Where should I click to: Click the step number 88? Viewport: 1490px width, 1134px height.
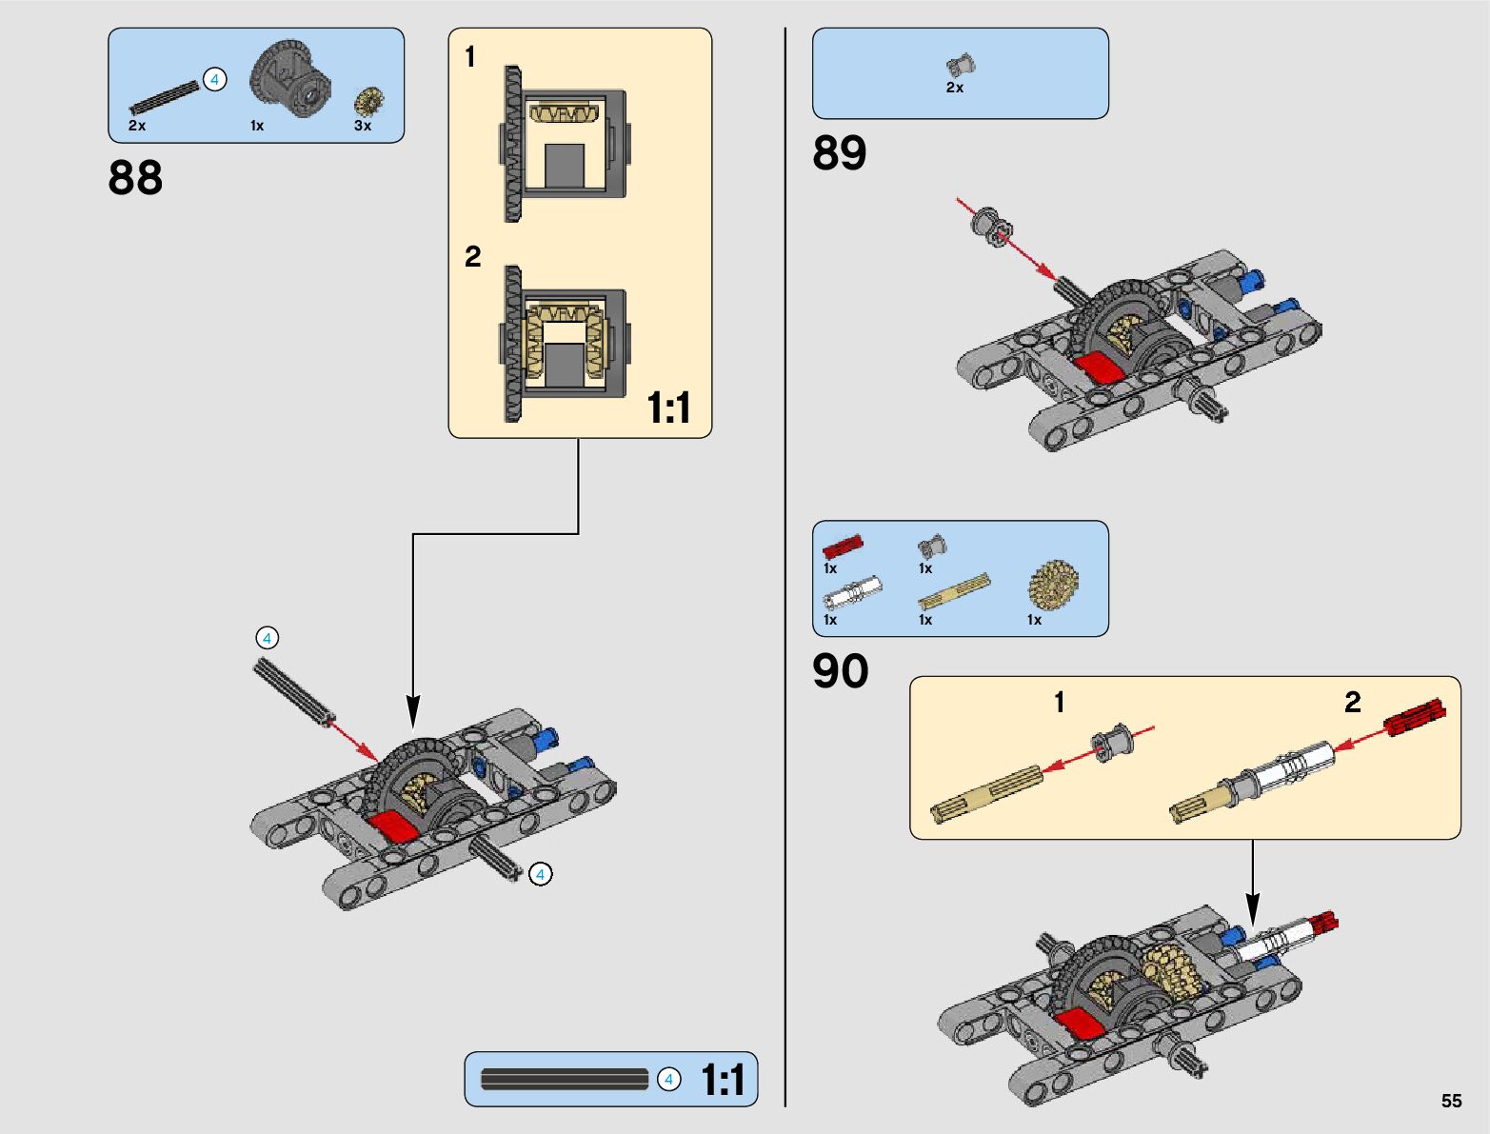click(x=135, y=178)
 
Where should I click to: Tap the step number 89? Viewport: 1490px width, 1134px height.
click(x=839, y=152)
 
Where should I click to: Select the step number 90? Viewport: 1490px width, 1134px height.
click(x=841, y=671)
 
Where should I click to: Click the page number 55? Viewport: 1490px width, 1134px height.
click(x=1451, y=1101)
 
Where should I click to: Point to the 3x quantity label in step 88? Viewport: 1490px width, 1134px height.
click(x=363, y=126)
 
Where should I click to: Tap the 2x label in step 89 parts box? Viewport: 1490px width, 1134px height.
click(x=954, y=88)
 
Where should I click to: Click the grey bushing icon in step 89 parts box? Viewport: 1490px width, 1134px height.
click(x=961, y=66)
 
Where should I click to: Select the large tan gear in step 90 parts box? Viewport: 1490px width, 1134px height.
click(x=1054, y=585)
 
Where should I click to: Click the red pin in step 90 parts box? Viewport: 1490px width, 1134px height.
click(x=843, y=547)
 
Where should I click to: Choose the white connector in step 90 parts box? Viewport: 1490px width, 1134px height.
click(x=853, y=592)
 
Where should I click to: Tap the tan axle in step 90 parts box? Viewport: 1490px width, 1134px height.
click(x=954, y=590)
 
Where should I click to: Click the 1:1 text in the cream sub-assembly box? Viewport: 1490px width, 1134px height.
click(x=668, y=408)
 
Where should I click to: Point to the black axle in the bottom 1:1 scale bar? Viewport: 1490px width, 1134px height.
click(x=564, y=1079)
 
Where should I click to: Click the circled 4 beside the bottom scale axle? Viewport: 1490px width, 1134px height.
click(x=668, y=1079)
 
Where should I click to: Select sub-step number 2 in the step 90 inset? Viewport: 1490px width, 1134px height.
click(x=1352, y=702)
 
